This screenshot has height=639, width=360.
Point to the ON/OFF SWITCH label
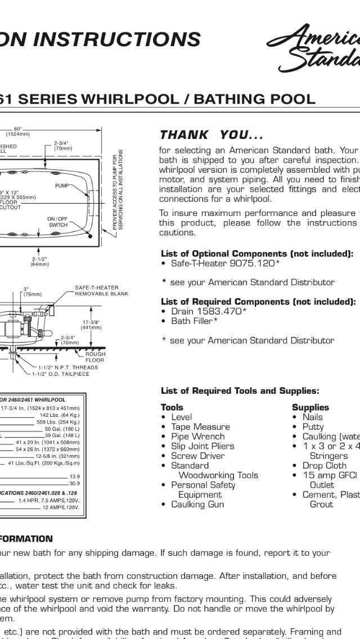coord(57,222)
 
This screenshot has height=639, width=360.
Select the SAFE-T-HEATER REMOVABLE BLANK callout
coord(101,291)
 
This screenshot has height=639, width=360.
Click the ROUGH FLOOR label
coord(94,357)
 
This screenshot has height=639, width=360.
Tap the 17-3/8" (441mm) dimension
coord(91,325)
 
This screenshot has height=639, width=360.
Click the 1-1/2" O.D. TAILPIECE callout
coord(65,373)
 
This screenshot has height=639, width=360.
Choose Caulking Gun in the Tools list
coord(197,504)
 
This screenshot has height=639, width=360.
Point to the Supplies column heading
coord(310,407)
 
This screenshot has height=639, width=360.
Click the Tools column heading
coord(172,407)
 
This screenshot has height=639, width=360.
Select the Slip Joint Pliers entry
coord(202,446)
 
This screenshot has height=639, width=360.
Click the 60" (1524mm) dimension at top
coord(18,132)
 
